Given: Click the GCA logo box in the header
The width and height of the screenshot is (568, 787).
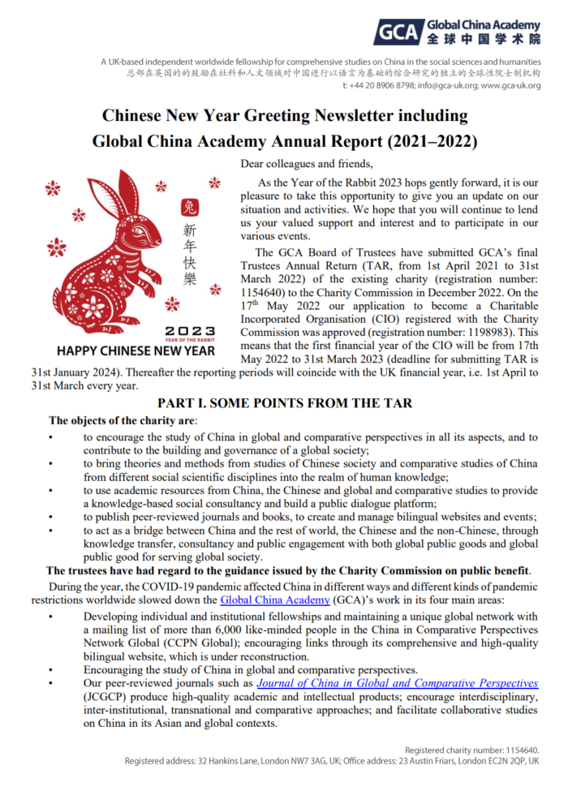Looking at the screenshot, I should click(x=398, y=33).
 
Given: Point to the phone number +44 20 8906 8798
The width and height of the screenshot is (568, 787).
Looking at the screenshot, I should click(x=379, y=85).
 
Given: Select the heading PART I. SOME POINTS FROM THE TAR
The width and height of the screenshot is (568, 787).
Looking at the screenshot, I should click(x=284, y=403).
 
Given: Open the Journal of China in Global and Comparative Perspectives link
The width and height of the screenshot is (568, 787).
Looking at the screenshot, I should click(x=397, y=684).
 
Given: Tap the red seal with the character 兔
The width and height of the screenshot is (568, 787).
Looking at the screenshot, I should click(x=189, y=208).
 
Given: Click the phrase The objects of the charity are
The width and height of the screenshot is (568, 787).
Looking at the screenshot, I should click(x=123, y=421).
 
